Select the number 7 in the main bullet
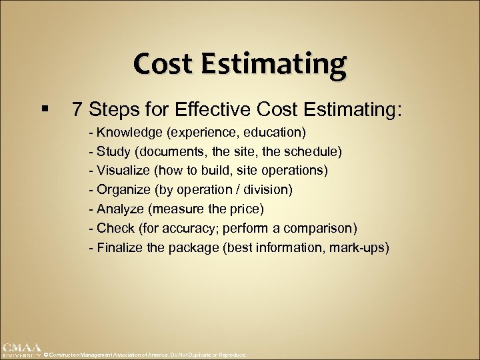[77, 109]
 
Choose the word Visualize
[122, 171]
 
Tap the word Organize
[123, 190]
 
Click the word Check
[115, 229]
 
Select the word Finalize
[120, 248]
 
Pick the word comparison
[322, 229]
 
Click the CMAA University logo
[21, 351]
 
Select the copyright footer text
[145, 355]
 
